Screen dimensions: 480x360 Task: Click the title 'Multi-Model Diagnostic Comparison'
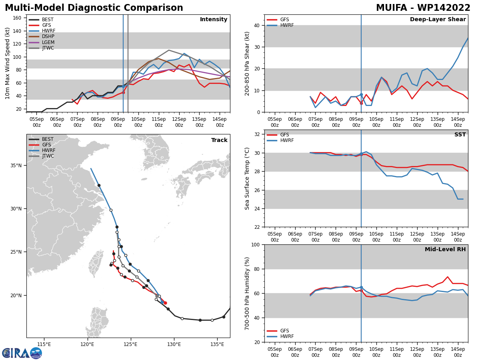point(94,8)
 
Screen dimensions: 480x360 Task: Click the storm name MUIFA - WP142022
point(423,8)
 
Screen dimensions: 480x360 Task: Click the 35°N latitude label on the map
point(16,166)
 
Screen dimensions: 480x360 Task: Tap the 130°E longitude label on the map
point(174,344)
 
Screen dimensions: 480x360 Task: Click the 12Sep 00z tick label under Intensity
point(179,122)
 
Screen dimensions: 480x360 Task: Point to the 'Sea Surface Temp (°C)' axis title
point(247,178)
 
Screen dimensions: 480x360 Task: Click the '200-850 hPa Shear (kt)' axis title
point(247,64)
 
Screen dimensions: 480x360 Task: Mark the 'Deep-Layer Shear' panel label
point(438,19)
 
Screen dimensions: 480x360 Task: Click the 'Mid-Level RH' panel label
point(445,249)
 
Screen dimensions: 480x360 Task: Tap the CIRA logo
point(22,353)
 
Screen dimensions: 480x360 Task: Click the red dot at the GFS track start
point(165,303)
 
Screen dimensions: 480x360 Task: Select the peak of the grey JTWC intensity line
point(169,50)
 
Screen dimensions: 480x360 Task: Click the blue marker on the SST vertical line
point(361,154)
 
